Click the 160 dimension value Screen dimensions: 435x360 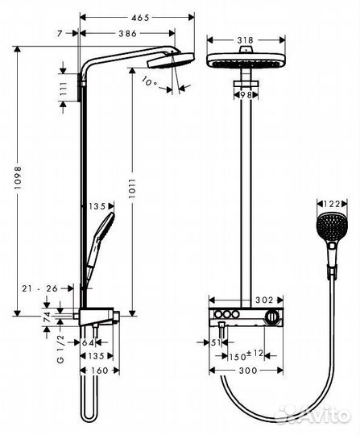click(101, 371)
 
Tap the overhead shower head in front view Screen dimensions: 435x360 click(242, 64)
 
